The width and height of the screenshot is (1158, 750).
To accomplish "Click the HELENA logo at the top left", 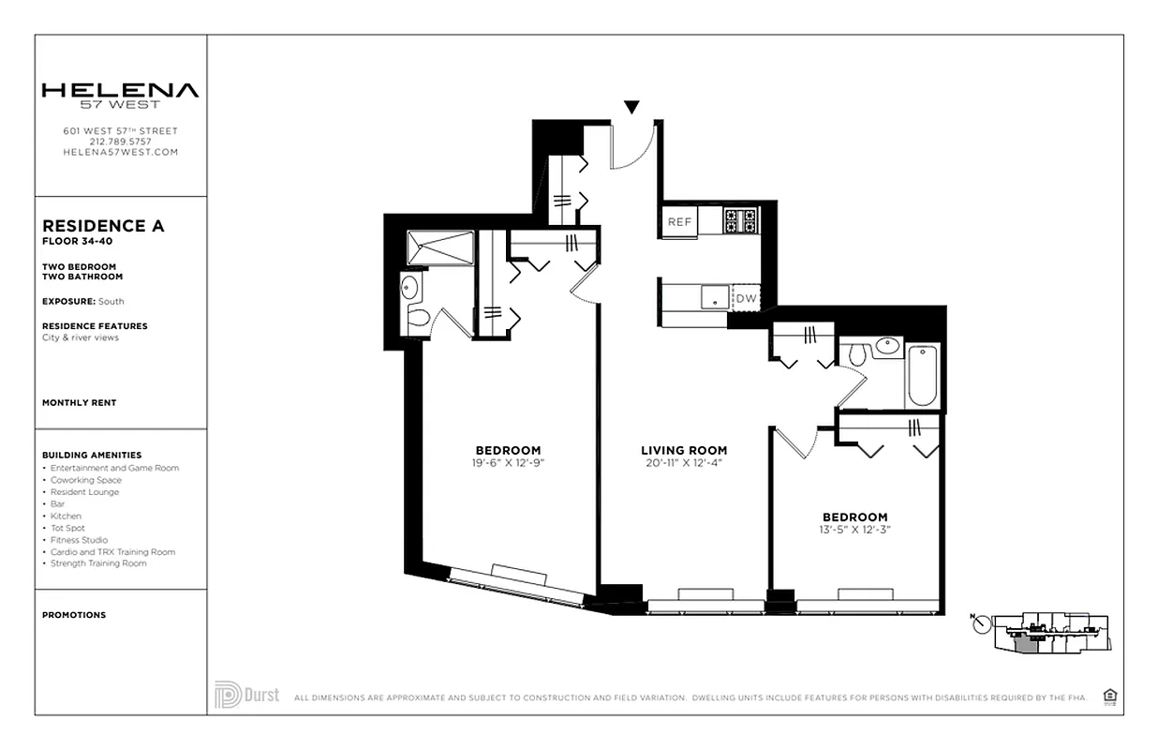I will (120, 91).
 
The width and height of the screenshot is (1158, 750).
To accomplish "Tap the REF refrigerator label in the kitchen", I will (679, 222).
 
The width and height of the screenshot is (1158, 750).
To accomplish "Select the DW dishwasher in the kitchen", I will (745, 299).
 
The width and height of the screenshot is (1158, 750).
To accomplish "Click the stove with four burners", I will (740, 221).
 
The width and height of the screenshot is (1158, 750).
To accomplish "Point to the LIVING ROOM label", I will (684, 450).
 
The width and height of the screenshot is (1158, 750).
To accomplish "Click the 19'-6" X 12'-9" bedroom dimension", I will (508, 462).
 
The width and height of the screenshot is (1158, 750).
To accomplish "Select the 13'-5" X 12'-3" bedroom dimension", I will (854, 529).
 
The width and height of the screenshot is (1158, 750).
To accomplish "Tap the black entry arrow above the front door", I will (632, 108).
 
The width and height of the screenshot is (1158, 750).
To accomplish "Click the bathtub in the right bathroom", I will (922, 375).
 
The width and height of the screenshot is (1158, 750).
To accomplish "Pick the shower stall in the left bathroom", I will (439, 247).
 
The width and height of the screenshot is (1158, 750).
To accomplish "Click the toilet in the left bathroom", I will (417, 318).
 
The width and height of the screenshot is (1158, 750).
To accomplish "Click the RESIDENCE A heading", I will (103, 226).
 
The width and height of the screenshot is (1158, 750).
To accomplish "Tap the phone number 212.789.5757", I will (120, 142).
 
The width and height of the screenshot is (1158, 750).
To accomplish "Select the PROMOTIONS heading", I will (74, 615).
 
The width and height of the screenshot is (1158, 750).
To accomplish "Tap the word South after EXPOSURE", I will (111, 302).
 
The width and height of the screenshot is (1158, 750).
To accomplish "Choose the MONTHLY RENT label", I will (80, 402).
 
